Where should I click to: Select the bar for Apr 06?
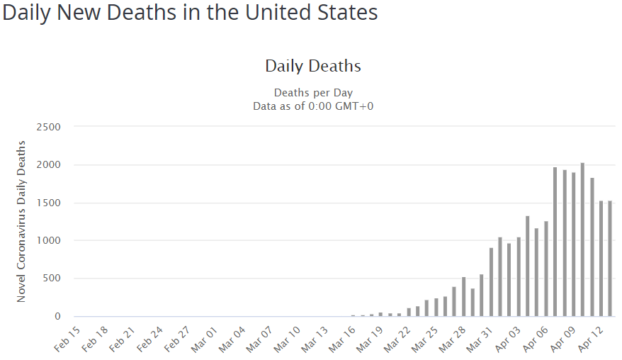[x=546, y=269]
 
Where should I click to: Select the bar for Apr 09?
[x=573, y=244]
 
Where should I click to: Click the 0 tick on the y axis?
[x=57, y=316]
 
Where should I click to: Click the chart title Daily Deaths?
[x=313, y=66]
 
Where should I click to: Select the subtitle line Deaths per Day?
[x=313, y=93]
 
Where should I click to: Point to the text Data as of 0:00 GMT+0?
[x=313, y=106]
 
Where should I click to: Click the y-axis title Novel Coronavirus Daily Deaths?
[x=21, y=222]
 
